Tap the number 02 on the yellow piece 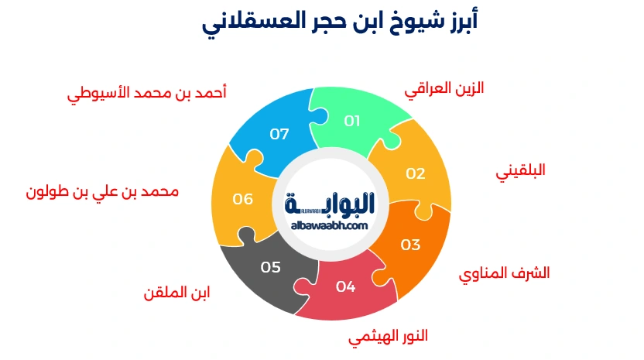point(416,173)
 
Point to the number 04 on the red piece point(345,286)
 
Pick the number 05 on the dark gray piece point(270,267)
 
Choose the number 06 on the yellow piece point(243,199)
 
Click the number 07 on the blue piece point(279,134)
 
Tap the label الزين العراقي point(444,89)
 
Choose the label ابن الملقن point(176,293)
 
